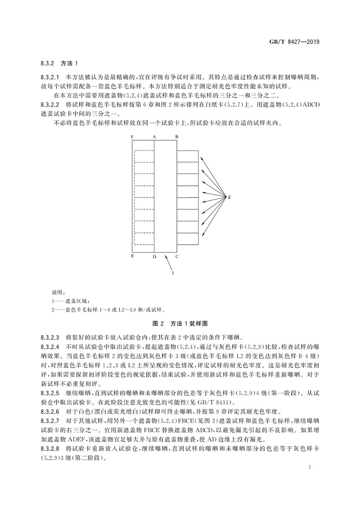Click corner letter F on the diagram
[x=132, y=137]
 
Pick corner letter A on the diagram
[x=154, y=137]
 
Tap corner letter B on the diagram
[x=177, y=137]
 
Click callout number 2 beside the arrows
[x=229, y=197]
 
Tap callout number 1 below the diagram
[x=173, y=273]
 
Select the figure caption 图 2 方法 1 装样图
[x=180, y=323]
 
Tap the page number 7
[x=310, y=467]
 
